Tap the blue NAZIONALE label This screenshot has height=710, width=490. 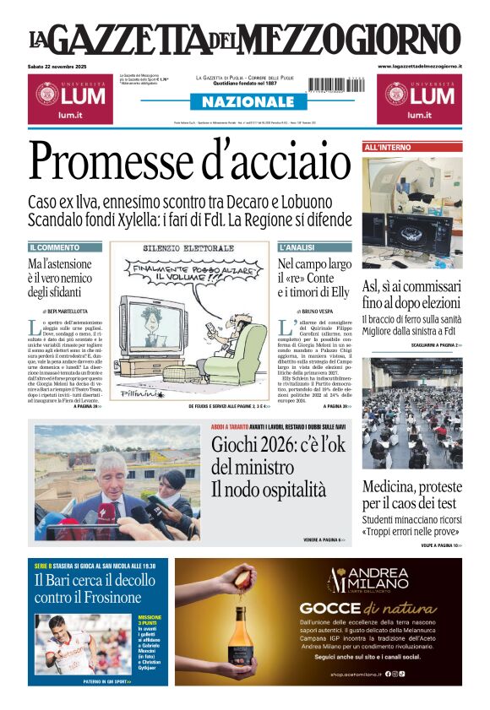pyautogui.click(x=243, y=102)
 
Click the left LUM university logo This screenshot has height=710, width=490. pyautogui.click(x=68, y=99)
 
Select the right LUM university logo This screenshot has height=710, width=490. pyautogui.click(x=419, y=99)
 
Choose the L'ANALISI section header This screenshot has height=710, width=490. pyautogui.click(x=297, y=247)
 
